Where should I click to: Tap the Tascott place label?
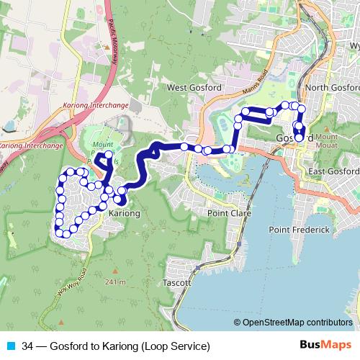pos(176,283)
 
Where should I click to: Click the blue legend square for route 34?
pos(12,346)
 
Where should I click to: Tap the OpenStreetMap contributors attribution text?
pos(297,323)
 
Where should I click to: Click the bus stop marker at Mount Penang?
pos(109,154)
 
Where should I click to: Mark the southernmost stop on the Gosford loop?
pos(300,138)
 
